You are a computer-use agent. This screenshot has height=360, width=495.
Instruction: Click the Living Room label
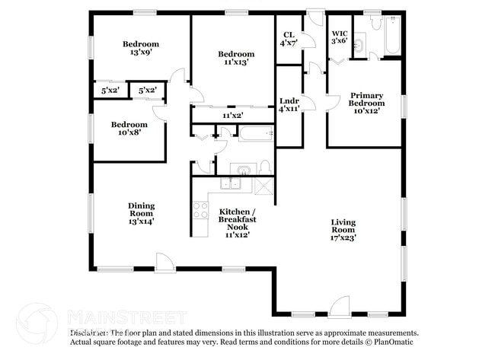pos(343,230)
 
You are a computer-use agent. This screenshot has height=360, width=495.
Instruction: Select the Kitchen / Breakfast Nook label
pos(237,222)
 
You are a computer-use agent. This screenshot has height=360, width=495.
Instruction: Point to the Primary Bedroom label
pos(366,103)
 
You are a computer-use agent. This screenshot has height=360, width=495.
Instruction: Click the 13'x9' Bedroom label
pos(141,49)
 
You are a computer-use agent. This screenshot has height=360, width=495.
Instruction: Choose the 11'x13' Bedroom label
pos(235,59)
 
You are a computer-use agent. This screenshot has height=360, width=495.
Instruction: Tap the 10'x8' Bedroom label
pos(129,129)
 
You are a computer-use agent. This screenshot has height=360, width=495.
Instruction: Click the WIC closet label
pos(340,37)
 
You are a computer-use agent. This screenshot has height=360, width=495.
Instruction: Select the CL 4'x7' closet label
pos(289,39)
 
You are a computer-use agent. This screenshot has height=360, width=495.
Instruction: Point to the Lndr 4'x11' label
pos(289,105)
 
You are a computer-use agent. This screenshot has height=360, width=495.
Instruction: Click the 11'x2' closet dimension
pos(232,116)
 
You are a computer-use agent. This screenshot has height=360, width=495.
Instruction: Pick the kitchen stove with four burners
pos(200,209)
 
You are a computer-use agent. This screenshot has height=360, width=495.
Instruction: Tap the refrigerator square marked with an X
pos(263,185)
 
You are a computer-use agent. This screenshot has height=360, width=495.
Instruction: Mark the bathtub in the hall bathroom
pos(254,135)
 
